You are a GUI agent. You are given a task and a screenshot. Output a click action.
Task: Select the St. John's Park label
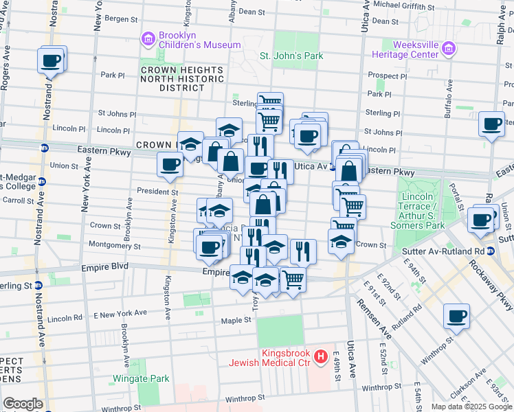pos(291,55)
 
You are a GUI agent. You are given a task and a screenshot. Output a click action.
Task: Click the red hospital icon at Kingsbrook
pos(320,357)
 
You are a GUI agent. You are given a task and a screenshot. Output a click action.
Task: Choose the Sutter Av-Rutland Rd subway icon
pos(491,251)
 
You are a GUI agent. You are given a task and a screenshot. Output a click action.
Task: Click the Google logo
pos(23,404)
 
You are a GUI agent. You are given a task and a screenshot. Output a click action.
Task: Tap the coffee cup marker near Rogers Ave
pos(52,60)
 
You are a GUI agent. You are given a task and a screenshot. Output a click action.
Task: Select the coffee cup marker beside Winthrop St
pos(456,317)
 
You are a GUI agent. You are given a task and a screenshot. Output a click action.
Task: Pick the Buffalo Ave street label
pos(448,100)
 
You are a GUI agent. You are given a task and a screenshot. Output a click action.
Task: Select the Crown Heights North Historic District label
pos(181,79)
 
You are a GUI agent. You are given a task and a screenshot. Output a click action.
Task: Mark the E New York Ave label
pos(120,313)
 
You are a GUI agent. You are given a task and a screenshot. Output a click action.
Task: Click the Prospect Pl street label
pos(387,76)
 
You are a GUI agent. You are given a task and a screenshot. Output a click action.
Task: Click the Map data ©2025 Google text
pos(471,406)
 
